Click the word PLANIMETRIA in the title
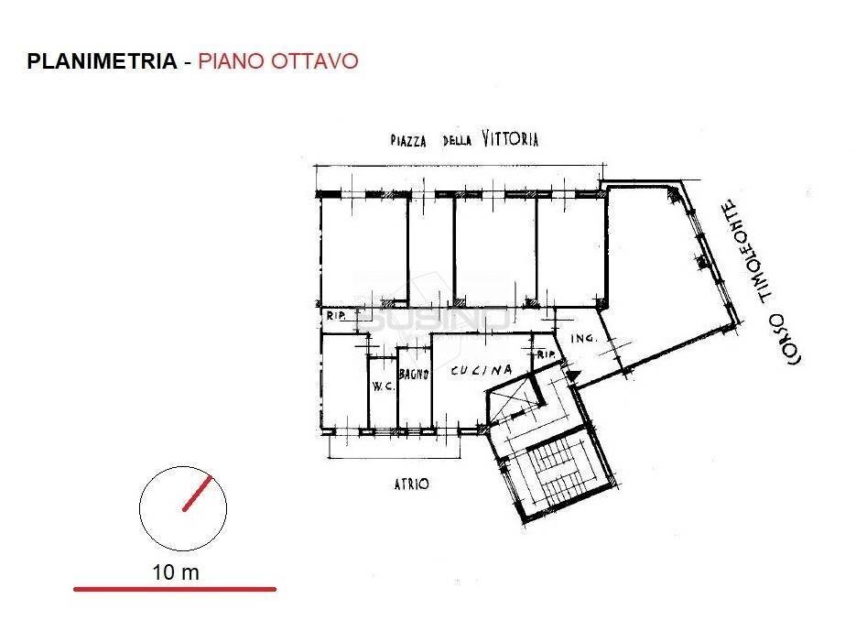(102, 61)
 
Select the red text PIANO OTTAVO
(277, 61)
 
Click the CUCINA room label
(480, 371)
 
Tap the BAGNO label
(414, 374)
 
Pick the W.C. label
(382, 386)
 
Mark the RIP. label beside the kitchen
(547, 354)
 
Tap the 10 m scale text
(176, 572)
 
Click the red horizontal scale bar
(174, 589)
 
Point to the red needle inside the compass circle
(197, 493)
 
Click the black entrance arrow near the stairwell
(573, 374)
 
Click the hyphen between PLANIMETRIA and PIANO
(188, 62)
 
